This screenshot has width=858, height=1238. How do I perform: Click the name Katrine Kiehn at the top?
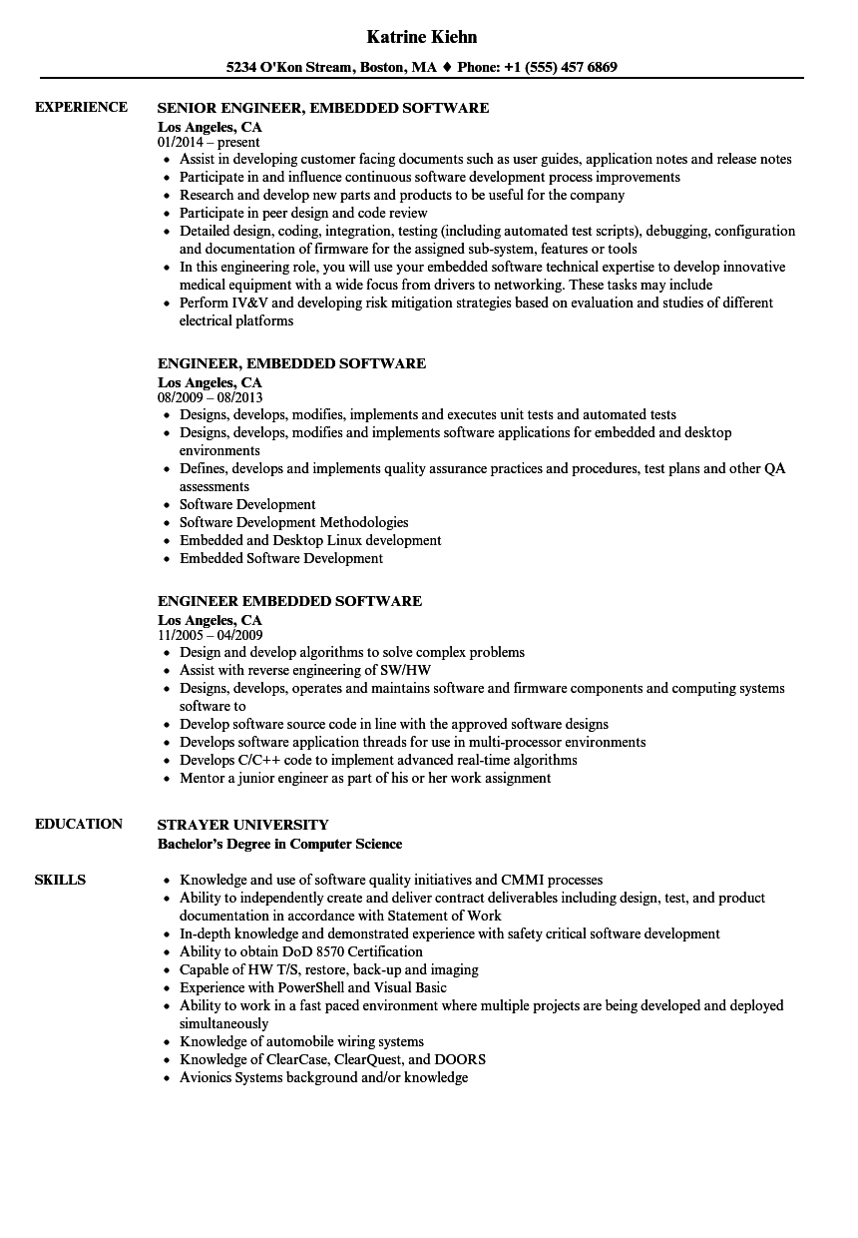click(x=422, y=37)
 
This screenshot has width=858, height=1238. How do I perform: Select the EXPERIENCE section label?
click(x=81, y=107)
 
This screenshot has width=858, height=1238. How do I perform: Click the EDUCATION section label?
click(x=78, y=824)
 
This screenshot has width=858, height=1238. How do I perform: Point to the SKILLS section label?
click(x=60, y=880)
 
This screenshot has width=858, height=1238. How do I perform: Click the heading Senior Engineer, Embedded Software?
click(x=323, y=108)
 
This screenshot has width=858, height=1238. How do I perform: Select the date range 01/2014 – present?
click(x=209, y=143)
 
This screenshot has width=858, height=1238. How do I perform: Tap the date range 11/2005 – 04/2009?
click(x=210, y=635)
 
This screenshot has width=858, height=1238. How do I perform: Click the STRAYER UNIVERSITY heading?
click(x=242, y=825)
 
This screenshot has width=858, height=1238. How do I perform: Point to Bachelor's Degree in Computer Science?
click(x=279, y=844)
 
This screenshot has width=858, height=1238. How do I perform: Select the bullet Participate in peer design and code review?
click(x=303, y=213)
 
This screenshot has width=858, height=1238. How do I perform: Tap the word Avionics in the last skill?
click(x=206, y=1077)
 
